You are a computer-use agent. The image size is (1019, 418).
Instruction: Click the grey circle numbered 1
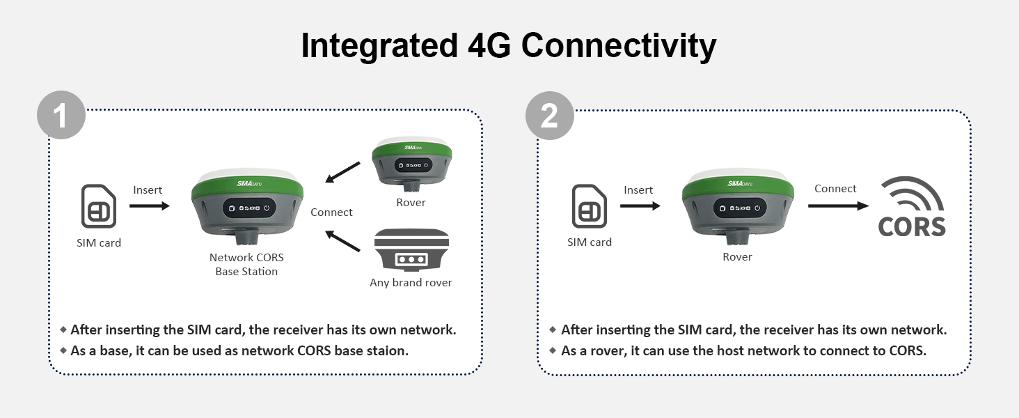pos(61,115)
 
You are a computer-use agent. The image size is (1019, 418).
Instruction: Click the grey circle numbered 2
pos(550,116)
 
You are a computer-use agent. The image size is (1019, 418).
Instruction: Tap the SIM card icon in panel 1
pos(99,206)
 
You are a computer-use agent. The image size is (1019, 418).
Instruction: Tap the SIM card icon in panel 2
pos(589,206)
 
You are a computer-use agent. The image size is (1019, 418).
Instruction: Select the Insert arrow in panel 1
pos(149,206)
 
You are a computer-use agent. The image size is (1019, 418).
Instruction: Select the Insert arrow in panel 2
pos(640,206)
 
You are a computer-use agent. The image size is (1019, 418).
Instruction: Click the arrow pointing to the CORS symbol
pos(839,206)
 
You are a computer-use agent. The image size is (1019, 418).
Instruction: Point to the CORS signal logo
pos(912,207)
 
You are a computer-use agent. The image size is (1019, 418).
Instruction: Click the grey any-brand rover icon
pos(411,250)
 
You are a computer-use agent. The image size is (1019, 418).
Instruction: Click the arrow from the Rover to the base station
pos(342,172)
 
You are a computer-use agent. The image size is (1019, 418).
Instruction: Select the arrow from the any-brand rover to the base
pos(342,241)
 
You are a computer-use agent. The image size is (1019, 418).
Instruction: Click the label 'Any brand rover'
pos(411,283)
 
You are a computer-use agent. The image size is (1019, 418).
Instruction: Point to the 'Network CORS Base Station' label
pos(246,265)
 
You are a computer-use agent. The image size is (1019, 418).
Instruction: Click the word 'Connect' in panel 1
pos(331,212)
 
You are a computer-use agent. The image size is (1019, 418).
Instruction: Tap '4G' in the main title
pos(489,45)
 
